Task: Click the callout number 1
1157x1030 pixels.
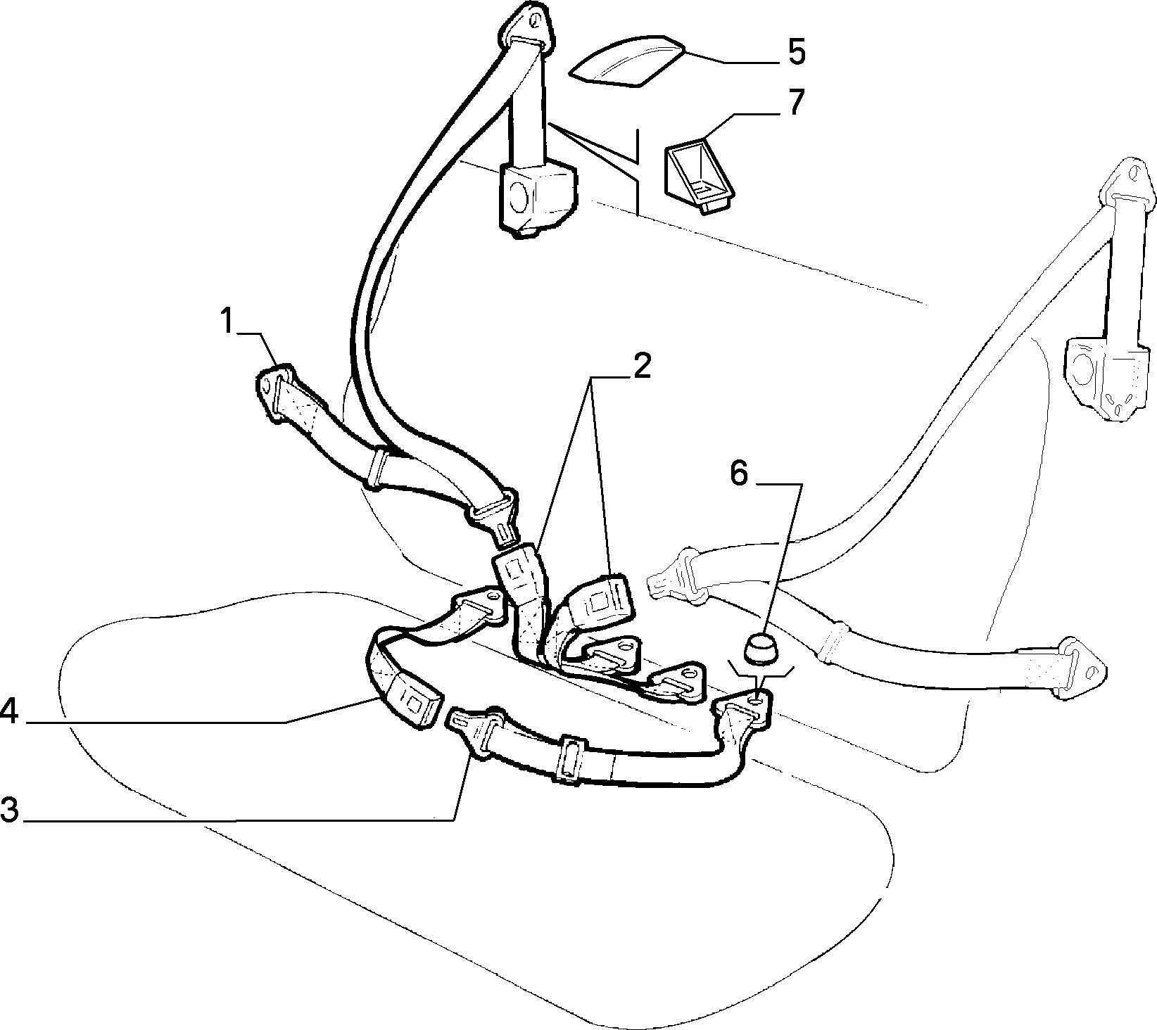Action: (227, 322)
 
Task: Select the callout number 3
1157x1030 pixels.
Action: (9, 809)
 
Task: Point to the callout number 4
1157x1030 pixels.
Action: (9, 710)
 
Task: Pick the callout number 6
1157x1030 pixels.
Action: (739, 473)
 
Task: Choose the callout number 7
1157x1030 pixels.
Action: (795, 103)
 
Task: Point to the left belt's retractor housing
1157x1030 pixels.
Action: (536, 198)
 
